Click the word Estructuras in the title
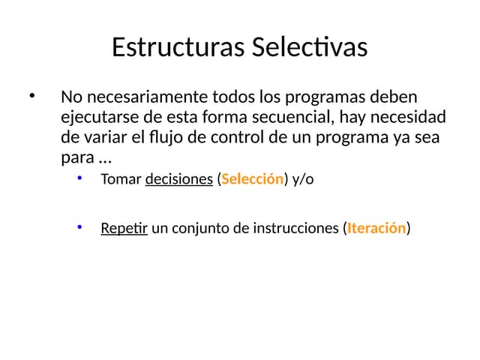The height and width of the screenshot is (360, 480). click(177, 47)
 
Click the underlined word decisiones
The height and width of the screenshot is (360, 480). click(178, 180)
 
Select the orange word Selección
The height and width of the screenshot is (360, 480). click(253, 180)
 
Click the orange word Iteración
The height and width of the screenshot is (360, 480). click(376, 228)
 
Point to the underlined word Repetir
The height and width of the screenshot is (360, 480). click(124, 228)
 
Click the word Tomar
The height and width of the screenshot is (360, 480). click(120, 180)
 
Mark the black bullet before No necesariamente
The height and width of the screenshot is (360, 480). click(32, 97)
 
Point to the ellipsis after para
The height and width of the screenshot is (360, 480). click(105, 159)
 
